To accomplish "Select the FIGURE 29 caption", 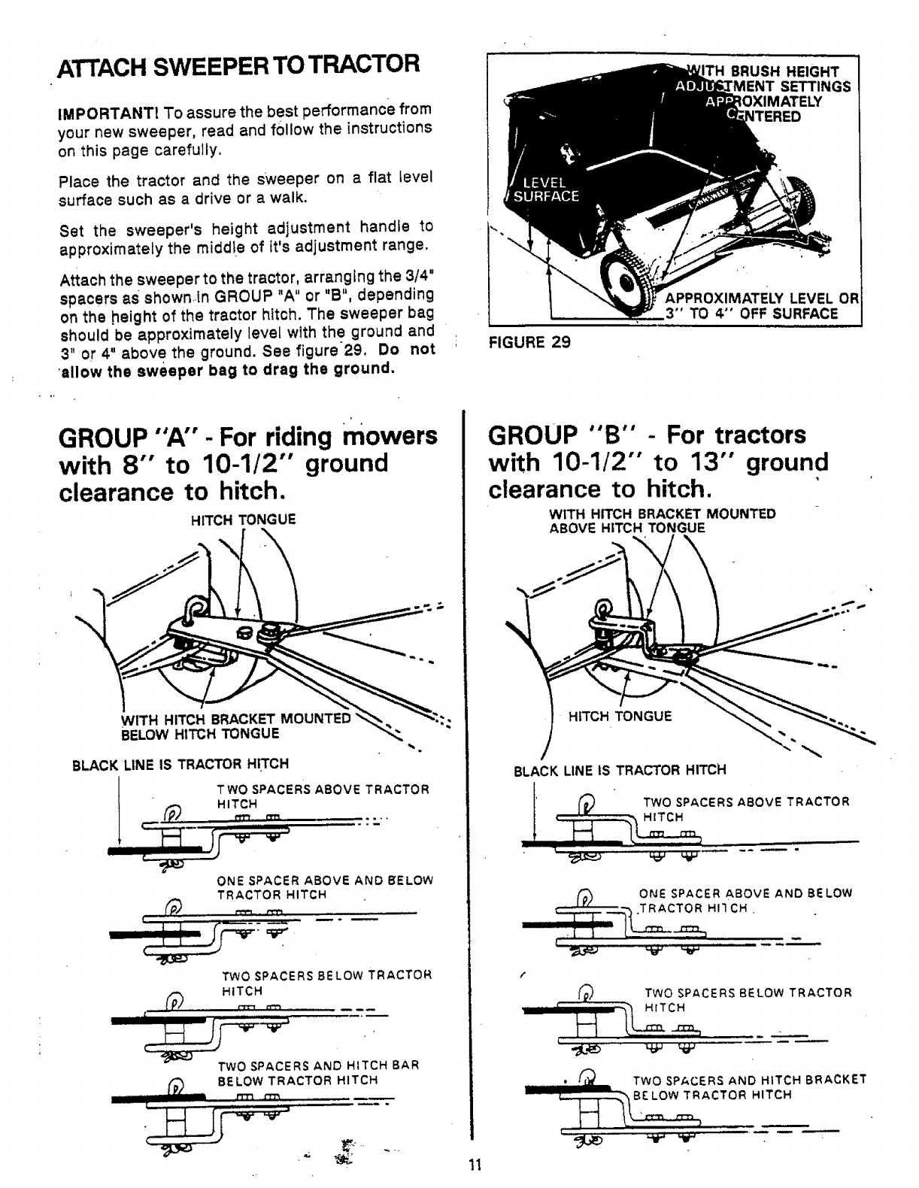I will [529, 342].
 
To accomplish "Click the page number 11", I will [474, 1166].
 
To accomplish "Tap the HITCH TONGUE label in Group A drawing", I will [244, 520].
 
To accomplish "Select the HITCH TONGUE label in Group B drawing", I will [620, 717].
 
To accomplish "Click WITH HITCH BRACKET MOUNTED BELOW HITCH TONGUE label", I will [235, 726].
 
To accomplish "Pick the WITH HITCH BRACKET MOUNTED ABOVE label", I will [662, 520].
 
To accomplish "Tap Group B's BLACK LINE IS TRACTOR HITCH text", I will [620, 771].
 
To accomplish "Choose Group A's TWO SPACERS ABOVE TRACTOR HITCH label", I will [323, 796].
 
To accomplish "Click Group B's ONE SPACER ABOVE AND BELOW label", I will [745, 900].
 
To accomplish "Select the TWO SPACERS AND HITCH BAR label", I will [317, 1072].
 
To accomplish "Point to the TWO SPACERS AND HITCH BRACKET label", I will [749, 1086].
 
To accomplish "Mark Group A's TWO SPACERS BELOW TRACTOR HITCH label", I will [326, 983].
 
